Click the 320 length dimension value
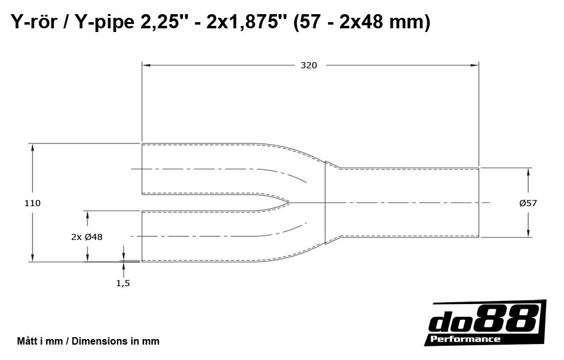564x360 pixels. click(308, 65)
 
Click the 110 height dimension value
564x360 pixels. click(33, 203)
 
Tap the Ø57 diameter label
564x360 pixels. click(528, 203)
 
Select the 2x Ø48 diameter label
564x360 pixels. click(87, 236)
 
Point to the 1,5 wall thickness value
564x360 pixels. click(123, 283)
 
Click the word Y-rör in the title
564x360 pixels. click(33, 23)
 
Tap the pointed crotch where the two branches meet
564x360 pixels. click(288, 202)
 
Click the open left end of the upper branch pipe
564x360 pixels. click(142, 169)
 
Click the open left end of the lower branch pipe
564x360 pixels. click(142, 236)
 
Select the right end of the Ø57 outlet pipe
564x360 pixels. click(478, 202)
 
